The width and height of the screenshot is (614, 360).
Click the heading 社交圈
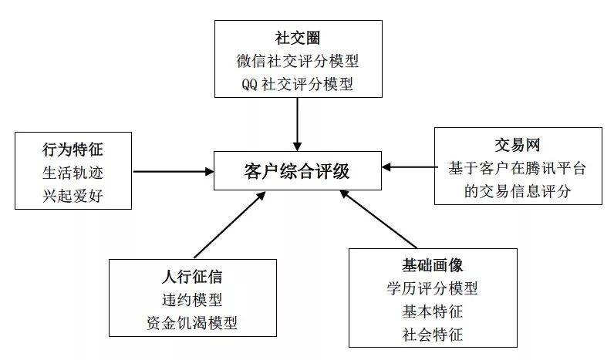(x=298, y=39)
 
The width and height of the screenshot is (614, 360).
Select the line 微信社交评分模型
(x=298, y=61)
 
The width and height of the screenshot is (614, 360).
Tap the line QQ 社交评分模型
(x=298, y=84)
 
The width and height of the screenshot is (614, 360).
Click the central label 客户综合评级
(x=297, y=171)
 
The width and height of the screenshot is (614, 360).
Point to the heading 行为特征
(x=73, y=150)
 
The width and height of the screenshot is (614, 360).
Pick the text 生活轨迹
(x=73, y=173)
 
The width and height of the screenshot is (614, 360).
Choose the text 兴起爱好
(x=73, y=196)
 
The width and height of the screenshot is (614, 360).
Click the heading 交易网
(x=518, y=145)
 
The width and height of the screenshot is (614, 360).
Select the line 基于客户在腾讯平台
(x=518, y=168)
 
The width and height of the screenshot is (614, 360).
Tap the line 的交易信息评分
(x=518, y=191)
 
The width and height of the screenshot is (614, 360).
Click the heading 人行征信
(x=192, y=277)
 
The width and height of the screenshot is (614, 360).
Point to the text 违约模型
(x=192, y=300)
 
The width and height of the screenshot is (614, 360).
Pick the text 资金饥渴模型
(x=192, y=323)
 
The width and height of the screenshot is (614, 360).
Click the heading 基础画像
(x=433, y=265)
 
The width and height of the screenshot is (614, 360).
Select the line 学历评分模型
(x=433, y=288)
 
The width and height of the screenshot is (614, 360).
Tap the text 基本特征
(x=433, y=311)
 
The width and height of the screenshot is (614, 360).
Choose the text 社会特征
(x=433, y=335)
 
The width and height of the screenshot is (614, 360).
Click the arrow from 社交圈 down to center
(x=298, y=124)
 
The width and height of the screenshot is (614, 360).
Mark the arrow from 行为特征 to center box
(x=174, y=171)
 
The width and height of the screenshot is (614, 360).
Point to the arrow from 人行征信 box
(x=230, y=225)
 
